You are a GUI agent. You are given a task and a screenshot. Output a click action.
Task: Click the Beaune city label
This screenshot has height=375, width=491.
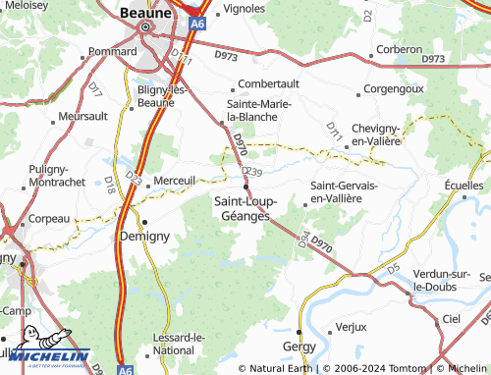(145, 13)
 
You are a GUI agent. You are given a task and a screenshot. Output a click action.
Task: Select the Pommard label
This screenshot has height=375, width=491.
(113, 51)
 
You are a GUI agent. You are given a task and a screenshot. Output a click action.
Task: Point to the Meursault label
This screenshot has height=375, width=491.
(82, 116)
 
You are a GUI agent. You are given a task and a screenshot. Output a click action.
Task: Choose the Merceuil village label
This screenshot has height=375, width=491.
(176, 180)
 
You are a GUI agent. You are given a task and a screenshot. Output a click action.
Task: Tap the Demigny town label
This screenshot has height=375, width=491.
(144, 237)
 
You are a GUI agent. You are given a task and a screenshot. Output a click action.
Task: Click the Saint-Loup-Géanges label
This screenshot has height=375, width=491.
(245, 209)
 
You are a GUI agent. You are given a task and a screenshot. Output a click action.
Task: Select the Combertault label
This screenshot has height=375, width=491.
(268, 84)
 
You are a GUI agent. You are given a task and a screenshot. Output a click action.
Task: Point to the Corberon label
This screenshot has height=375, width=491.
(398, 48)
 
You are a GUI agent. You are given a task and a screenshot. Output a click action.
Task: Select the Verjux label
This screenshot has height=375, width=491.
(351, 326)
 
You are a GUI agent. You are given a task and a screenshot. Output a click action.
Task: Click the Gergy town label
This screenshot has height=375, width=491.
(299, 348)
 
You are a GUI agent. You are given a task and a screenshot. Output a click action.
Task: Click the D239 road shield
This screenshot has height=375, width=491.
(251, 172)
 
